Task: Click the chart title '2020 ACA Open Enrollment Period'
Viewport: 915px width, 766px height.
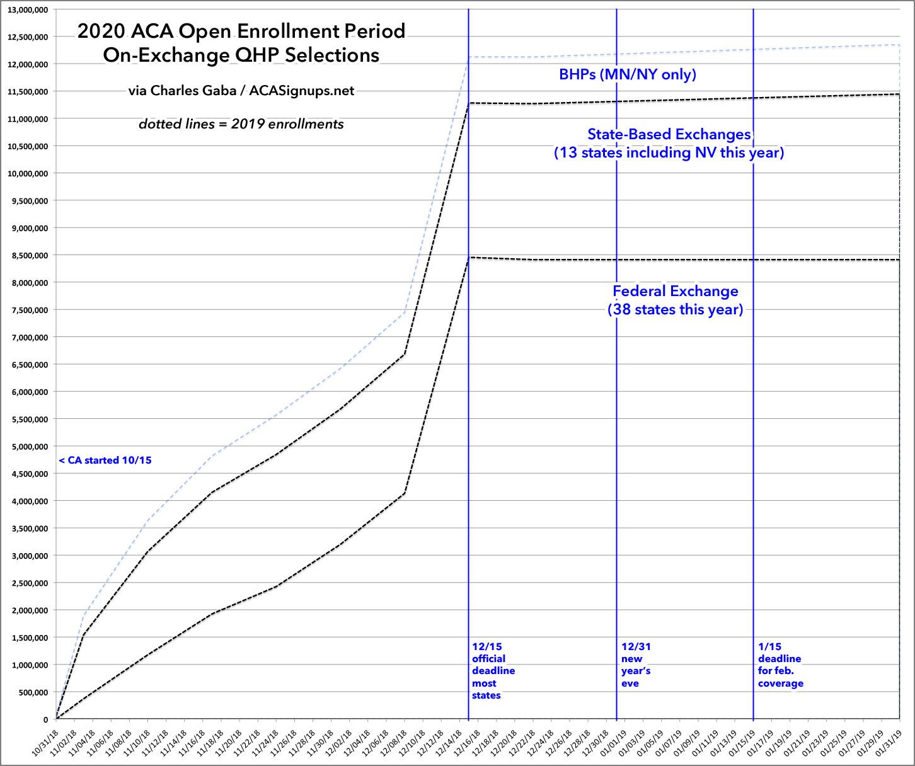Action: [241, 31]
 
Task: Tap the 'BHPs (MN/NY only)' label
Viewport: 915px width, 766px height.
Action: [627, 74]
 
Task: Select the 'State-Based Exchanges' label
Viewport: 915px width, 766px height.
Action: [669, 134]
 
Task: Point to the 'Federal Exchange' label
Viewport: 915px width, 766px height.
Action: [675, 291]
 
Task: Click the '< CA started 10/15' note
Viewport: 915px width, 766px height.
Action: [105, 460]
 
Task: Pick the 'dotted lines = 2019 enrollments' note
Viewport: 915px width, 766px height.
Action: [241, 124]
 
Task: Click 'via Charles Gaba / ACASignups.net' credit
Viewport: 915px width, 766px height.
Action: [241, 91]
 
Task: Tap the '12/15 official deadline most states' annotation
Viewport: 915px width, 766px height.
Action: [493, 670]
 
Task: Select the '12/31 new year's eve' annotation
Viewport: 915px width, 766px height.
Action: [635, 665]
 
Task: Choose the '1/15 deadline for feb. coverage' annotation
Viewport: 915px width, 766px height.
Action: [780, 665]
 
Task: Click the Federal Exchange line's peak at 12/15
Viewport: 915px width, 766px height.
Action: [469, 257]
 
